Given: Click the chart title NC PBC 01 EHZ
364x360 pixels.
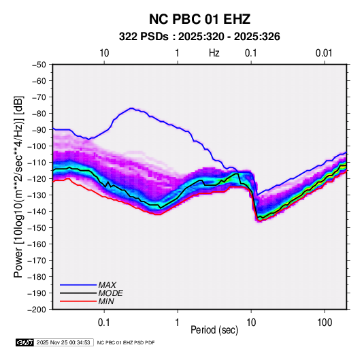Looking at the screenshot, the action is click(x=199, y=19).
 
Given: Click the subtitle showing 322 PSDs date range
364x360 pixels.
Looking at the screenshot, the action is click(x=199, y=37).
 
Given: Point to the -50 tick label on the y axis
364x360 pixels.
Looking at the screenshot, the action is click(x=39, y=65).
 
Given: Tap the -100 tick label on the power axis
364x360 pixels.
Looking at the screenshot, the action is click(x=37, y=146).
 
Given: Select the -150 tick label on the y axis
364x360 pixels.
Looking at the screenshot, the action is click(x=37, y=228).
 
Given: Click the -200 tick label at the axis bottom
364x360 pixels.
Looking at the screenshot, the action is click(x=37, y=310).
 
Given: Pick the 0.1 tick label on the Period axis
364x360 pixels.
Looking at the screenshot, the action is click(x=104, y=323).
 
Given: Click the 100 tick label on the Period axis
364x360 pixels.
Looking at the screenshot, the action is click(x=325, y=323).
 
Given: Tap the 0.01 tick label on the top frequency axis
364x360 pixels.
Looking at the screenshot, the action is click(x=324, y=53).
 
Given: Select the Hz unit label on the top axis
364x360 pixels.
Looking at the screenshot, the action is click(x=214, y=53).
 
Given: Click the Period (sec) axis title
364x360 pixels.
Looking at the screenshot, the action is click(x=214, y=330).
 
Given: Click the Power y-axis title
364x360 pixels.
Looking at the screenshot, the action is click(x=18, y=186).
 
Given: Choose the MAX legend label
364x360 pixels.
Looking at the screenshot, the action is click(x=107, y=285).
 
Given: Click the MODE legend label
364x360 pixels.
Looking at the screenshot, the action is click(x=110, y=293).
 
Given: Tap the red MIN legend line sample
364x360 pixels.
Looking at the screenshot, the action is click(x=78, y=301).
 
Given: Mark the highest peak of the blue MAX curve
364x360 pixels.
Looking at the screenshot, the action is click(x=131, y=108).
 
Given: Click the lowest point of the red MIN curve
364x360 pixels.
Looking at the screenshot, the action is click(x=259, y=220).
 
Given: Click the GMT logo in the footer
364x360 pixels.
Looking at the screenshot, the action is click(x=24, y=342).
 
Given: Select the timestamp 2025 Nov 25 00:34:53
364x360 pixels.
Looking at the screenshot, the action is click(x=63, y=342).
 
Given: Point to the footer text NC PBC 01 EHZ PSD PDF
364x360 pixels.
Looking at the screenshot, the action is click(x=126, y=342).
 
